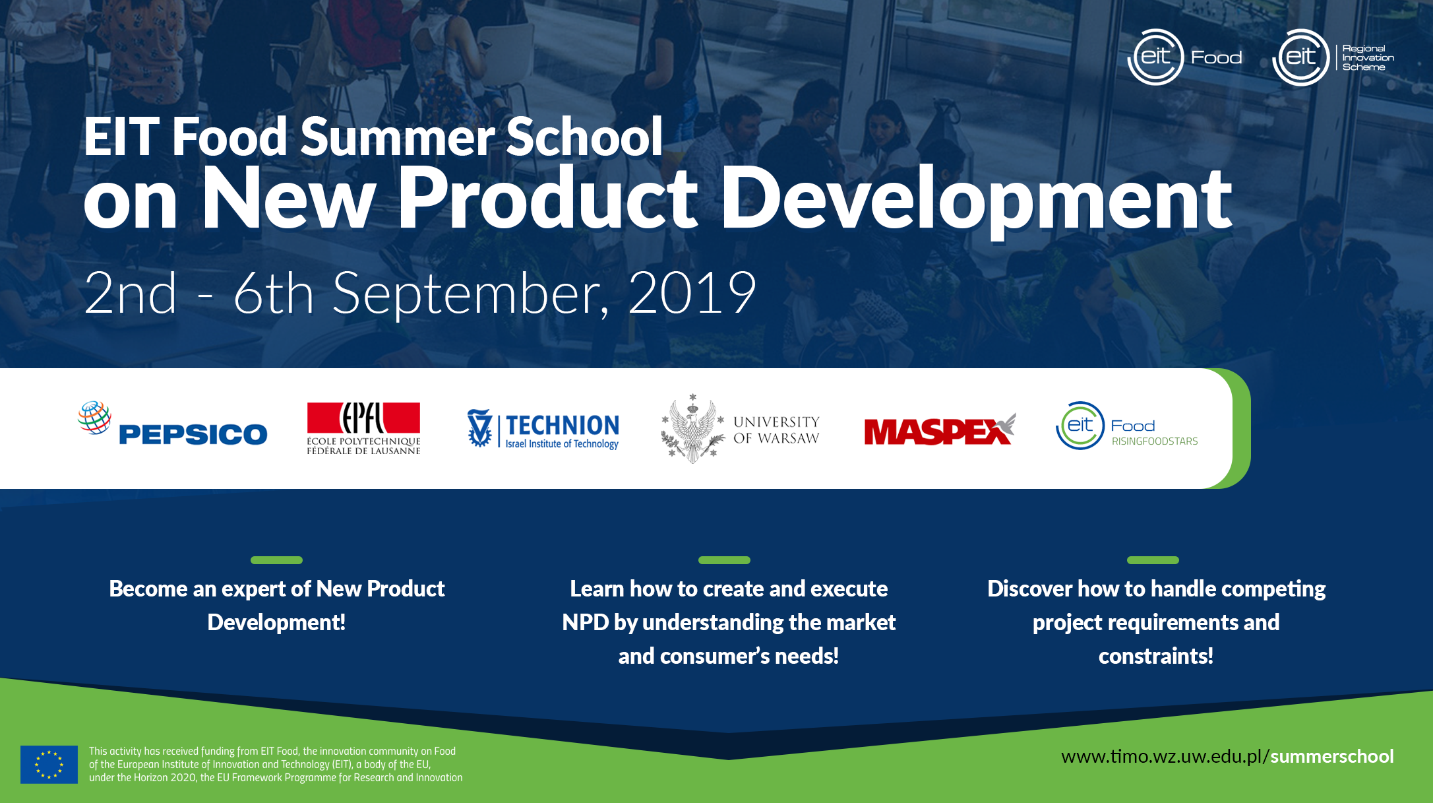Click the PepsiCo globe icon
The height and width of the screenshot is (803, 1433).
94,417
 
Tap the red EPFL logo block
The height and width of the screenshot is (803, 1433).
363,418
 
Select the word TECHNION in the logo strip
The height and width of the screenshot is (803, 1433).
563,426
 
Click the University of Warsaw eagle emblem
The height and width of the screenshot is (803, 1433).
692,428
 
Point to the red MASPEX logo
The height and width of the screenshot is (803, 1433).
940,430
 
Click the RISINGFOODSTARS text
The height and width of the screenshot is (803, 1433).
1155,441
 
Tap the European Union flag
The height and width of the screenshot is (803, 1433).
49,765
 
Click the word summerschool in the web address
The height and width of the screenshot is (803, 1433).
1332,756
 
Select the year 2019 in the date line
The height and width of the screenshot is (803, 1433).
692,293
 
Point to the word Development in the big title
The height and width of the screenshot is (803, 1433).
976,198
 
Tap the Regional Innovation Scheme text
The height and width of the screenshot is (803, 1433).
1368,58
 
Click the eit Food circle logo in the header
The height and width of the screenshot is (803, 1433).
1155,57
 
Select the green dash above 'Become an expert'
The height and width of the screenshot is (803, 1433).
276,560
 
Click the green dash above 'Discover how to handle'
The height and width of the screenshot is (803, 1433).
1153,560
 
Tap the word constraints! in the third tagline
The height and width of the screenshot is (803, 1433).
1156,656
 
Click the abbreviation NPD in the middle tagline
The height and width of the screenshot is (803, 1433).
585,622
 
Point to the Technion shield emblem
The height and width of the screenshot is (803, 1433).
479,428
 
